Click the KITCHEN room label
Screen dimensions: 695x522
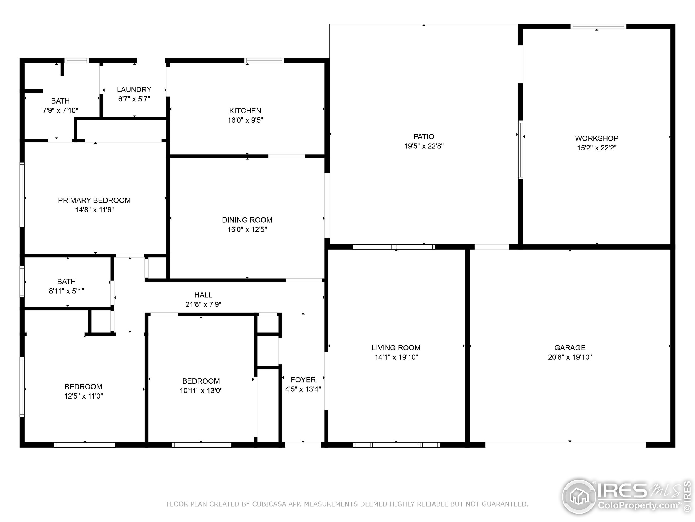pyautogui.click(x=245, y=111)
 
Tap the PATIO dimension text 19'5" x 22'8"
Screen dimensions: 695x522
pyautogui.click(x=424, y=146)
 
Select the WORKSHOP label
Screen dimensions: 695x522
pyautogui.click(x=596, y=138)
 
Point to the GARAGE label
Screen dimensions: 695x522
pyautogui.click(x=570, y=348)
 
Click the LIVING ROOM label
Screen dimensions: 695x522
pyautogui.click(x=396, y=348)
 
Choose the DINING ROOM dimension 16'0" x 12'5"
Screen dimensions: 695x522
pyautogui.click(x=247, y=229)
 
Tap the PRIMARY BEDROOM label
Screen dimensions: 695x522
pyautogui.click(x=94, y=200)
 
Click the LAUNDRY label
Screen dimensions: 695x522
pyautogui.click(x=134, y=90)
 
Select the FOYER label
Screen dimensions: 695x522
pyautogui.click(x=303, y=380)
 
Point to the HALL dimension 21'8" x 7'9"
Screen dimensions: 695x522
pyautogui.click(x=203, y=304)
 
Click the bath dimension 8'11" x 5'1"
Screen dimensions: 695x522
pyautogui.click(x=66, y=291)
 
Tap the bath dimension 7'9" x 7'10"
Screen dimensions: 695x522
pyautogui.click(x=60, y=110)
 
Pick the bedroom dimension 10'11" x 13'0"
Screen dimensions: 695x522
pyautogui.click(x=201, y=390)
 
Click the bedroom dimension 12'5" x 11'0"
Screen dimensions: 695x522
pyautogui.click(x=83, y=396)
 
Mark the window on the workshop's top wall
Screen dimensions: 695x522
pyautogui.click(x=598, y=26)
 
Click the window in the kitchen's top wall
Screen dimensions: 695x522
pyautogui.click(x=264, y=61)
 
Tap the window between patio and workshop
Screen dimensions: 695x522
pyautogui.click(x=521, y=150)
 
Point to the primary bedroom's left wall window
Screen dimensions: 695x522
pyautogui.click(x=22, y=194)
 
